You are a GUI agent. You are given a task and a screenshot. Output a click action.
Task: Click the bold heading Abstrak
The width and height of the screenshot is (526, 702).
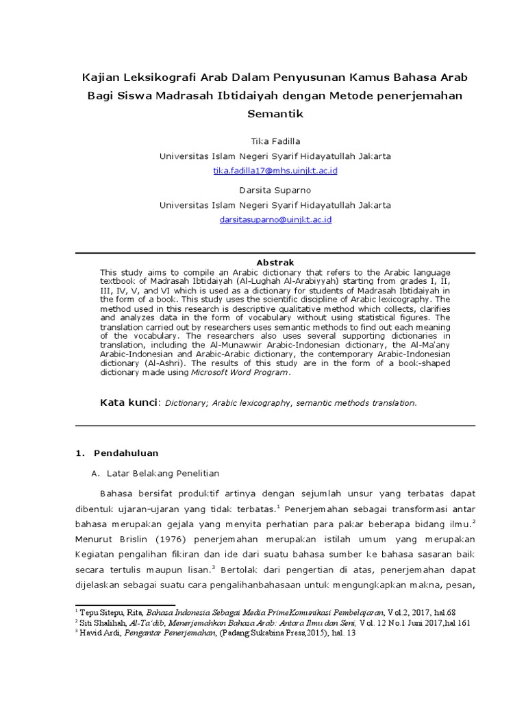pyautogui.click(x=275, y=263)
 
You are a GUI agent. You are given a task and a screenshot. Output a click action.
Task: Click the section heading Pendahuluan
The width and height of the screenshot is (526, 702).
pyautogui.click(x=126, y=452)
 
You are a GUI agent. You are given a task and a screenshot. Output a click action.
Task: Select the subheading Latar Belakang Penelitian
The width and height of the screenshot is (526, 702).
pyautogui.click(x=163, y=473)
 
